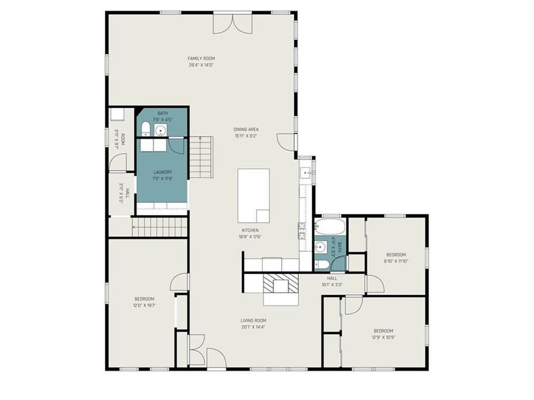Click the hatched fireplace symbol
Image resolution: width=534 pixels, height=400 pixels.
click(x=281, y=284)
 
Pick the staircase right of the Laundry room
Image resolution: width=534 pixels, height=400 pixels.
click(x=201, y=156)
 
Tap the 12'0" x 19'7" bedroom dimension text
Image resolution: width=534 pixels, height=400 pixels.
click(x=144, y=306)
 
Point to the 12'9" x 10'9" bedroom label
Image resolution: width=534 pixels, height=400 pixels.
click(x=383, y=334)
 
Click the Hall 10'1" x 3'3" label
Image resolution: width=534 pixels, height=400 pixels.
click(x=332, y=281)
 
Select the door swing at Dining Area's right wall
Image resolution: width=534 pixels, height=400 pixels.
click(x=286, y=142)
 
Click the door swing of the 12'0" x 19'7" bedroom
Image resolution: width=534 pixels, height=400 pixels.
click(x=180, y=282)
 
